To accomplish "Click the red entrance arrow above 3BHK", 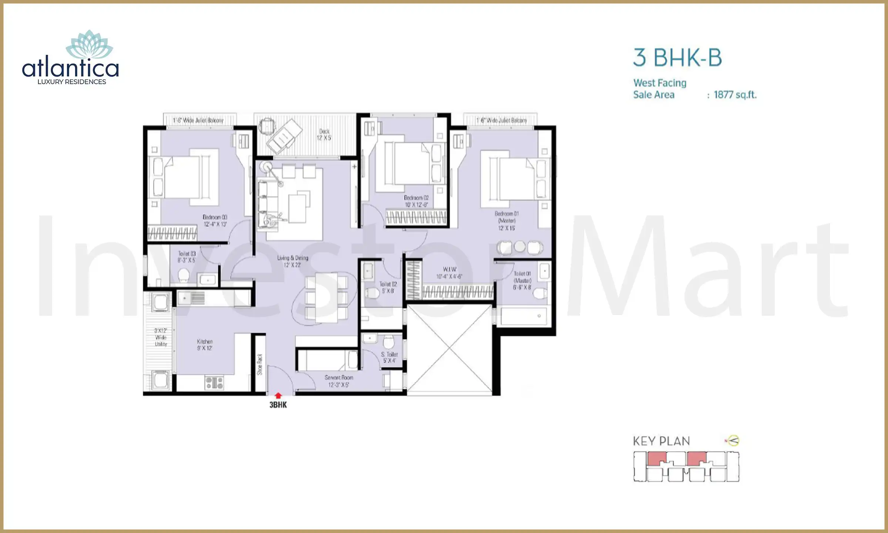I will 278,396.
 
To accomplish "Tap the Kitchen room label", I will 205,345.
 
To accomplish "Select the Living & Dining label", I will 292,261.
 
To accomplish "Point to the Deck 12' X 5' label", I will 324,134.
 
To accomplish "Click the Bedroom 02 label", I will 416,201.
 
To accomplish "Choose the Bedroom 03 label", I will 215,220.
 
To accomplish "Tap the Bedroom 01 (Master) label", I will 507,221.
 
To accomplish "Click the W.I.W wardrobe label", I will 449,273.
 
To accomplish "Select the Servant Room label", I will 339,381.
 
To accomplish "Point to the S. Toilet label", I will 389,357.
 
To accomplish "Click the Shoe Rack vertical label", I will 260,364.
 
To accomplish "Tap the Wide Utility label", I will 161,337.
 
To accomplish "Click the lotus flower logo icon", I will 89,45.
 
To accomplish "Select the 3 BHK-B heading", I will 677,58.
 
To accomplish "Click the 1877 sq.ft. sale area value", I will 735,95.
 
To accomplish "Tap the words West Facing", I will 660,83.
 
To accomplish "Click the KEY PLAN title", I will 661,441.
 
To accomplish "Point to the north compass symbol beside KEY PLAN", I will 733,440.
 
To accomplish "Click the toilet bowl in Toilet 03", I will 184,275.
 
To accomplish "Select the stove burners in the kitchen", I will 214,382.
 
